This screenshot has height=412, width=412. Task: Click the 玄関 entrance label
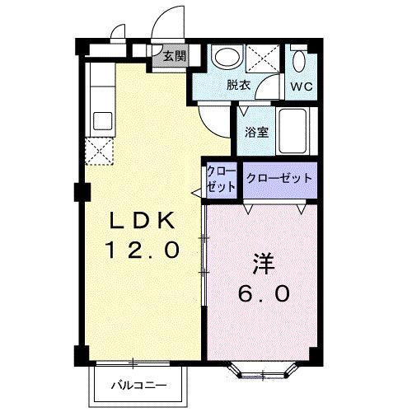click(x=173, y=57)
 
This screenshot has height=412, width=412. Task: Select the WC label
click(x=300, y=84)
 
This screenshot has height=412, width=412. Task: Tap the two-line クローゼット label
click(x=221, y=179)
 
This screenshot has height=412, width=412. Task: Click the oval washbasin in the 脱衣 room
click(x=225, y=58)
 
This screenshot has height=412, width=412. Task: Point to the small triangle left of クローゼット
click(x=197, y=193)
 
